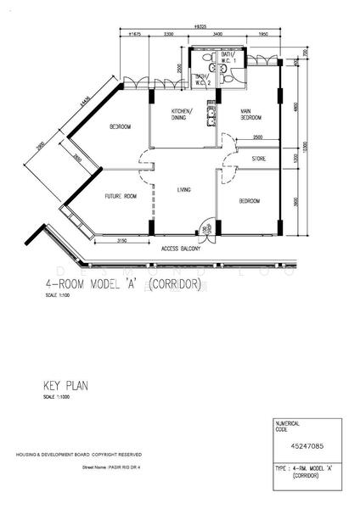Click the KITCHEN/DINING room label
pyautogui.click(x=181, y=115)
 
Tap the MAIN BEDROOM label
pyautogui.click(x=250, y=115)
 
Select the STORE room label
pyautogui.click(x=259, y=158)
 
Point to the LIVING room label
pyautogui.click(x=184, y=191)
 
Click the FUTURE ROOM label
pyautogui.click(x=121, y=196)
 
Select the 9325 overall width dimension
pyautogui.click(x=200, y=27)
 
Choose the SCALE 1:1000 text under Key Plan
pyautogui.click(x=57, y=397)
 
